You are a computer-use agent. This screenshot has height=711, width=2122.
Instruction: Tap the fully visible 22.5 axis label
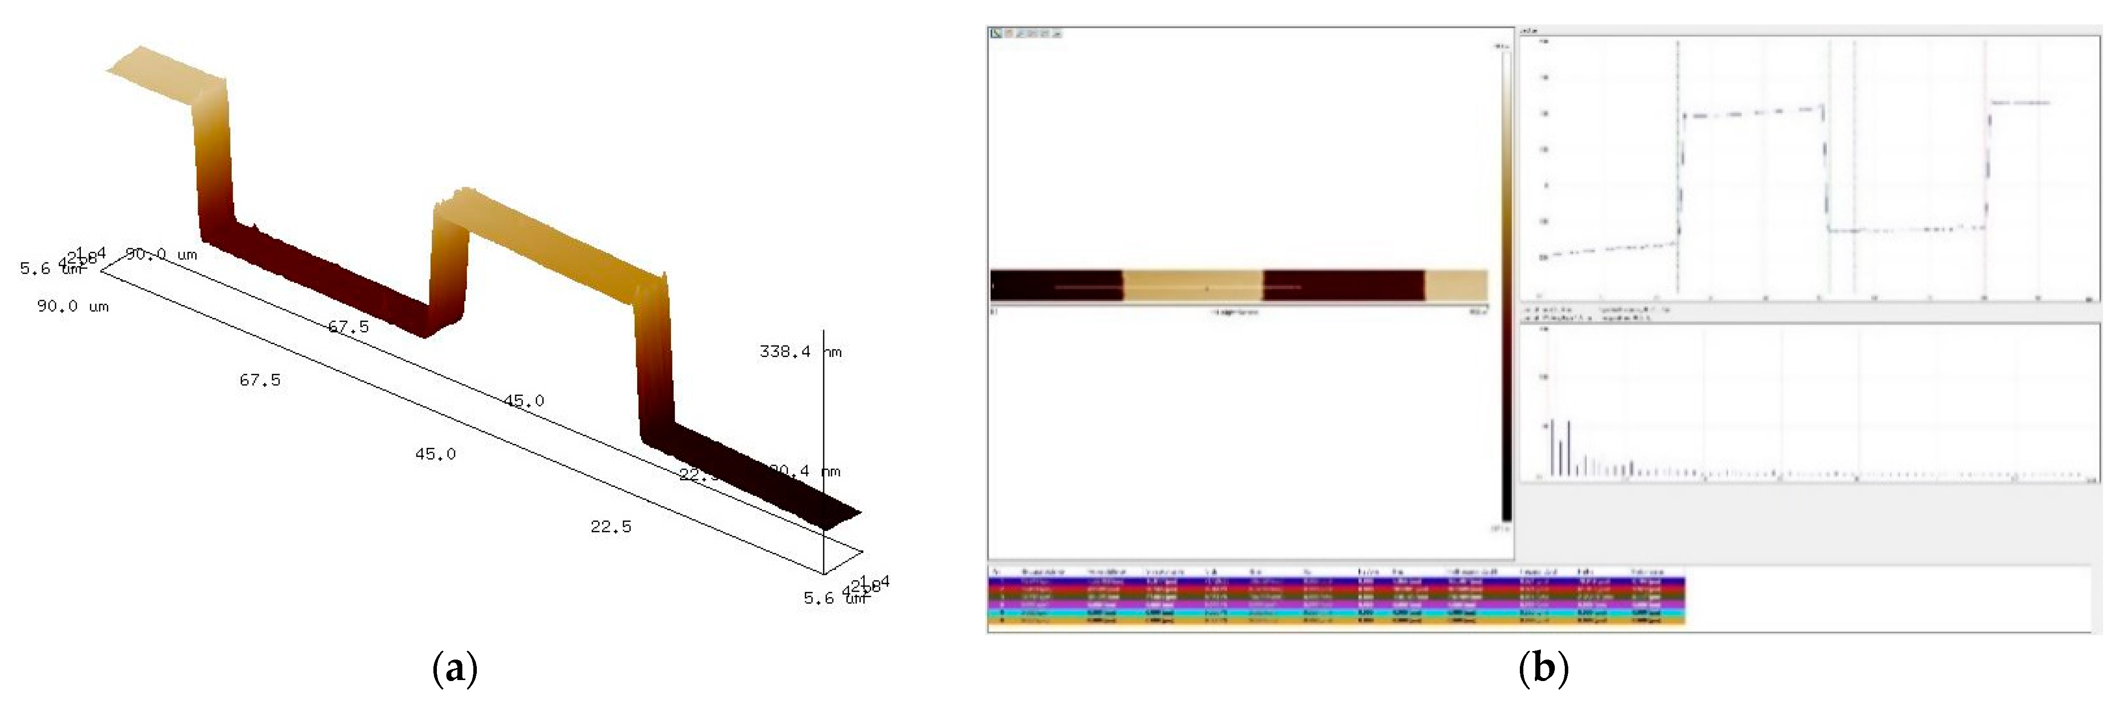611,526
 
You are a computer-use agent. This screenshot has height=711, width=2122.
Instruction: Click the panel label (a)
454,669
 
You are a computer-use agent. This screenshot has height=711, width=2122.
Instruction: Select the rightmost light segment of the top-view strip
1455,285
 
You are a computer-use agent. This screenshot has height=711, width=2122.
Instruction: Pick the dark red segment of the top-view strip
1343,285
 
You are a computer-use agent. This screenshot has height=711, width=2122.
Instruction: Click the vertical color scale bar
1506,280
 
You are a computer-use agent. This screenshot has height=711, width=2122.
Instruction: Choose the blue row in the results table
1335,581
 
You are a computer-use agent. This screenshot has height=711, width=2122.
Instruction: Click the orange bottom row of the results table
1335,620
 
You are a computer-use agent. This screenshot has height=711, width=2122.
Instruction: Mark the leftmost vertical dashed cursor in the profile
1678,165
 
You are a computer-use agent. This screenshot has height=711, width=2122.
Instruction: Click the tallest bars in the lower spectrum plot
1560,449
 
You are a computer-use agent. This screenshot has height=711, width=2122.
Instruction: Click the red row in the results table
1335,589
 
